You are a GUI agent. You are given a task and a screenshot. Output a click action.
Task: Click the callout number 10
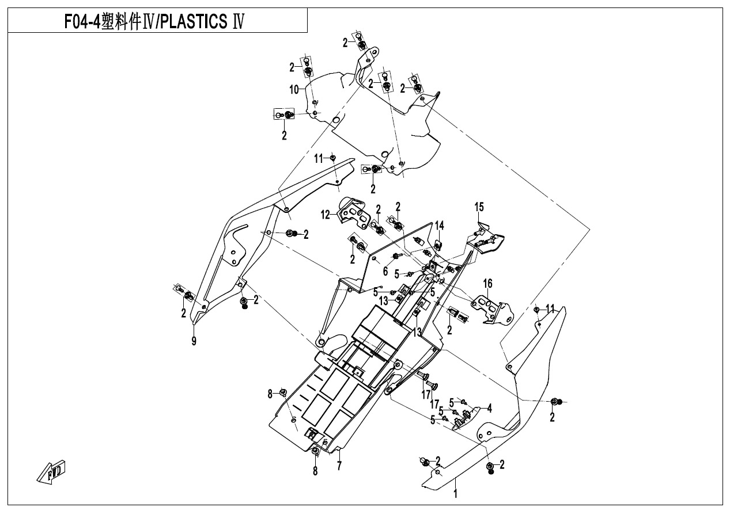tap(294, 89)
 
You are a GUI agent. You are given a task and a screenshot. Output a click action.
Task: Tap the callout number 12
tap(326, 215)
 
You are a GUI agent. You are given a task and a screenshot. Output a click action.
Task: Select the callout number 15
tap(479, 207)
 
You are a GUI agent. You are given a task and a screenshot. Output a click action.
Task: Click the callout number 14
tap(440, 225)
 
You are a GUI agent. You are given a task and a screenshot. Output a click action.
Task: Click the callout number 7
tap(339, 466)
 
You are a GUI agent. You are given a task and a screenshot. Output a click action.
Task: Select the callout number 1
tap(455, 493)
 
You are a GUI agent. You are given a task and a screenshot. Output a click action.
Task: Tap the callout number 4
tap(489, 408)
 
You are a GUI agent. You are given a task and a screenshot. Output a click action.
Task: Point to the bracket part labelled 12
tap(353, 211)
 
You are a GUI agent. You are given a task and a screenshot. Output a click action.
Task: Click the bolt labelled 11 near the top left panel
tap(333, 157)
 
